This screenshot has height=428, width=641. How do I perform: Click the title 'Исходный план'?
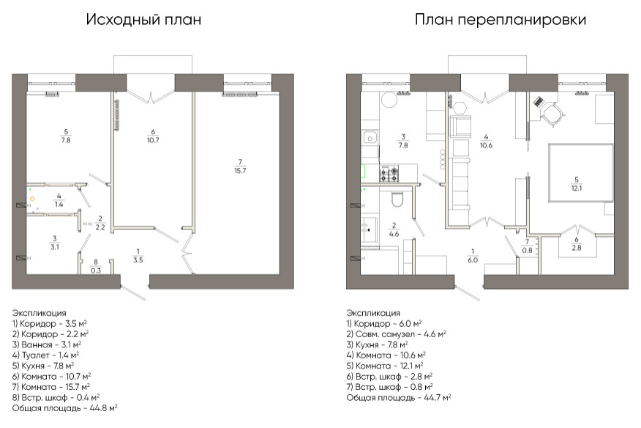click(x=143, y=20)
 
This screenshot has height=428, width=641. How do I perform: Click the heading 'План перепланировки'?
click(x=500, y=20)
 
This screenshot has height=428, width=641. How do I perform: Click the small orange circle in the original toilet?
click(x=33, y=199)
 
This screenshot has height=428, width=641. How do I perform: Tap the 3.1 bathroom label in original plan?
click(x=55, y=243)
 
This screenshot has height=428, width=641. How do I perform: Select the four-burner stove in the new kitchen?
click(x=389, y=174)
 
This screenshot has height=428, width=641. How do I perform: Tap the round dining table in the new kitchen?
click(x=387, y=103)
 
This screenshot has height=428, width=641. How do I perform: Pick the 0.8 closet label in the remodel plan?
click(x=527, y=246)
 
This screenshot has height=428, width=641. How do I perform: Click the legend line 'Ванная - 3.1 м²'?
click(x=47, y=343)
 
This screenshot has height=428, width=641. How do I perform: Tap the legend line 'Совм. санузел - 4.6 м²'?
click(x=396, y=333)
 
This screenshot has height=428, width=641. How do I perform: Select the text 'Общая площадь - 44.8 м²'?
click(x=65, y=407)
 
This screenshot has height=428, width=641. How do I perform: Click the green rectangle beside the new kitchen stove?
click(x=364, y=173)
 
